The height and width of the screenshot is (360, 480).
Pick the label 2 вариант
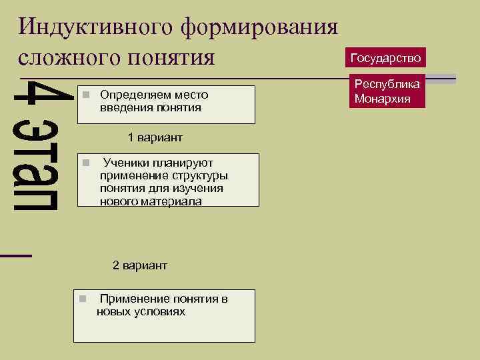[x=139, y=265]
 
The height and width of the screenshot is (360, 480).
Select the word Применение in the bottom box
[x=133, y=299]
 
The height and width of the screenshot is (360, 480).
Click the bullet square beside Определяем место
[x=85, y=95]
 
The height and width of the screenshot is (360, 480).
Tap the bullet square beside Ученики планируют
[x=85, y=163]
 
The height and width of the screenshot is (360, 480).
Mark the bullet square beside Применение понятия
[x=81, y=299]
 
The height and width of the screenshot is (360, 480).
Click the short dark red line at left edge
[x=15, y=255]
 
